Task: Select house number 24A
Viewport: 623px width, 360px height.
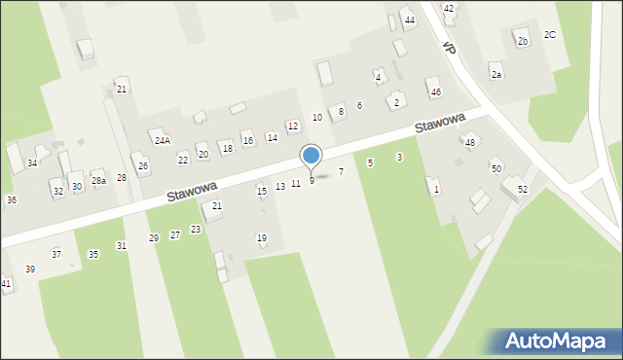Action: click(162, 140)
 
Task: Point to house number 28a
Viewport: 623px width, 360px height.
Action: click(98, 181)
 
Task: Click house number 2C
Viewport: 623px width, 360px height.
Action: click(550, 35)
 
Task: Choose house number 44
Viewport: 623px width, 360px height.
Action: click(410, 20)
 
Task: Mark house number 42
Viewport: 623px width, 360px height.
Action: click(449, 9)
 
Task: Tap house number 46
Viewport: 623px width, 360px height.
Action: click(435, 92)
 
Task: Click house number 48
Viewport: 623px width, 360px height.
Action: click(469, 143)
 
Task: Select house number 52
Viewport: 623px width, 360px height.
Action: click(523, 189)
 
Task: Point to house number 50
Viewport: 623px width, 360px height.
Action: click(496, 169)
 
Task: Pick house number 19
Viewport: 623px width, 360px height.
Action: click(262, 238)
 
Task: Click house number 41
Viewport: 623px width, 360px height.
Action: click(6, 283)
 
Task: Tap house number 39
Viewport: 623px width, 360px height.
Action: click(30, 269)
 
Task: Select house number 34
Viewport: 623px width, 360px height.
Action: click(32, 162)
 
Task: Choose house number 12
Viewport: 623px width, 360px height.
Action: click(292, 126)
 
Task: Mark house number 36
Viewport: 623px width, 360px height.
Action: click(12, 199)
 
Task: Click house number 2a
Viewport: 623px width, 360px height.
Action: click(496, 75)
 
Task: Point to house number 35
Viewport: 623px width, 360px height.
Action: click(93, 255)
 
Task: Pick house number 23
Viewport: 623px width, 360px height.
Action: click(196, 230)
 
